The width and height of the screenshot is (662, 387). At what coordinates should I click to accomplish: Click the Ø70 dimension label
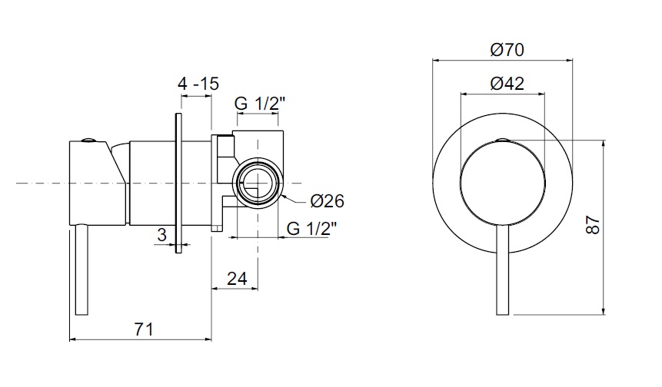(x=507, y=50)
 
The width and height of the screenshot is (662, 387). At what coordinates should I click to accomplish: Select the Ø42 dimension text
(x=507, y=84)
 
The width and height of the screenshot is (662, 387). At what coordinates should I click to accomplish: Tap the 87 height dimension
(x=593, y=225)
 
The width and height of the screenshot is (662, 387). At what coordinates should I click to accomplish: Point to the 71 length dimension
(x=144, y=329)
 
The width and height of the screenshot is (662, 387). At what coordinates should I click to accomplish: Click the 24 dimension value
(x=237, y=279)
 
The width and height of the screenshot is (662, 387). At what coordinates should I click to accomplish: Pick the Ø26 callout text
(x=328, y=201)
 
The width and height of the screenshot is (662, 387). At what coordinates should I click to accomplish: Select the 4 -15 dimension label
(x=198, y=84)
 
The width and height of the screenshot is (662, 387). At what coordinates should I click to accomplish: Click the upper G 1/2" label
(x=260, y=104)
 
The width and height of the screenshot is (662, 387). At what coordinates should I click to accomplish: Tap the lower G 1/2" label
(x=311, y=229)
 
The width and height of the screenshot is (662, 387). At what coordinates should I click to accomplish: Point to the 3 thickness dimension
(x=161, y=235)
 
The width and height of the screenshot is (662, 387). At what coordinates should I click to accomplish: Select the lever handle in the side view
(x=82, y=270)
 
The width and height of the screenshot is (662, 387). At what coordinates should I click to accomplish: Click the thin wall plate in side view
(x=178, y=183)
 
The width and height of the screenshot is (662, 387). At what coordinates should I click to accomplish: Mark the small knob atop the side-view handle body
(x=88, y=140)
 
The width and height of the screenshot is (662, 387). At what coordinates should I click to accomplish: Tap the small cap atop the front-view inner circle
(x=503, y=140)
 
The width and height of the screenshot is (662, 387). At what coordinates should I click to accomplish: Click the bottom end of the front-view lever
(x=503, y=315)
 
